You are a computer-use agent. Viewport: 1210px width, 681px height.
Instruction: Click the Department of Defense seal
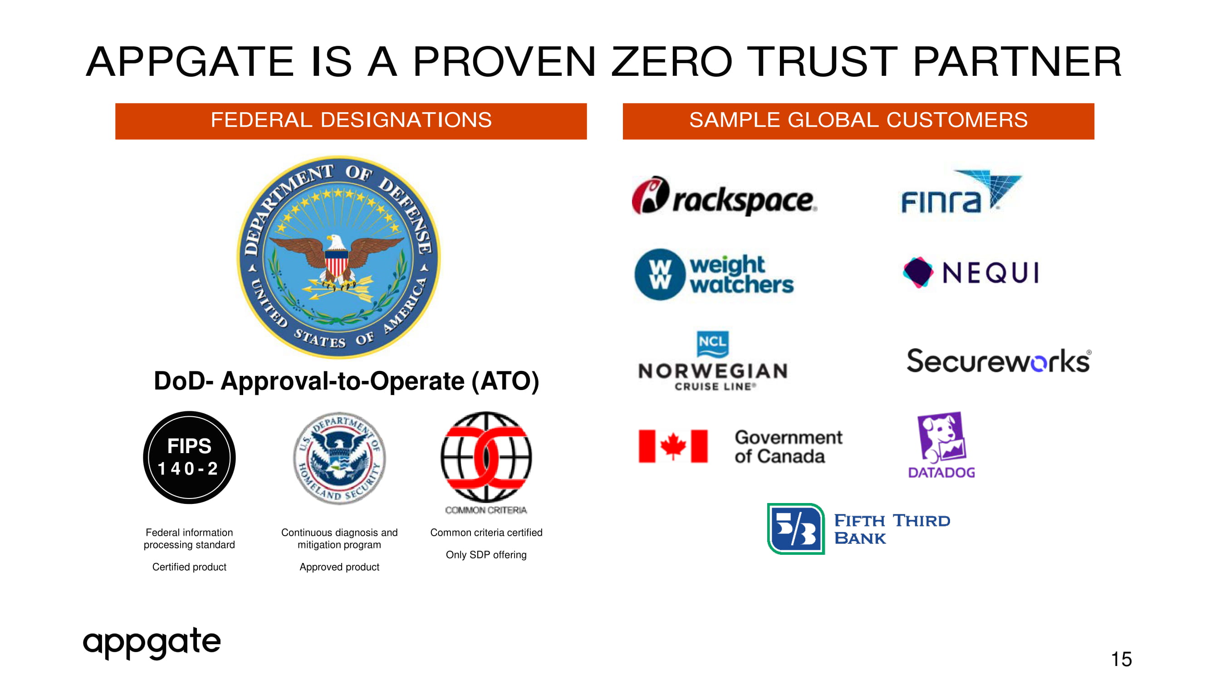coord(338,257)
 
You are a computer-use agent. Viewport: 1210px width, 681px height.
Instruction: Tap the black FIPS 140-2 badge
coord(189,457)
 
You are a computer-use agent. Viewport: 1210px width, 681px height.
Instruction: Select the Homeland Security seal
coord(339,458)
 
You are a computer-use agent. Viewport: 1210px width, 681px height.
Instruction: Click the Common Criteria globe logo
coord(486,457)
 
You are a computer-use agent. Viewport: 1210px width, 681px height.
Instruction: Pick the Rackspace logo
coord(724,196)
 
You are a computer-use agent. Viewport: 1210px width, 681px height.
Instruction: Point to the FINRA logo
coord(961,192)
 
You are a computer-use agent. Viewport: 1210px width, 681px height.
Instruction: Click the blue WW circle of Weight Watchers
coord(660,274)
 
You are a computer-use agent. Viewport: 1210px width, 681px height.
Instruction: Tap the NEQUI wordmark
coord(991,272)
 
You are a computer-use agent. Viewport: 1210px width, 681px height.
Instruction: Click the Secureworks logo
coord(999,361)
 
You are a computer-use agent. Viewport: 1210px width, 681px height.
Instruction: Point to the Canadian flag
coord(673,446)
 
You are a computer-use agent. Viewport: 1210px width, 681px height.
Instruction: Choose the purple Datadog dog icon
coord(941,438)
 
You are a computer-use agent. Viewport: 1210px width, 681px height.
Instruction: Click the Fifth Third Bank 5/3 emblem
coord(796,529)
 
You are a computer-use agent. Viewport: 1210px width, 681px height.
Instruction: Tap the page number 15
coord(1121,659)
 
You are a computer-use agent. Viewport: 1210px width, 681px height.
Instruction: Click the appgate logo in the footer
coord(152,643)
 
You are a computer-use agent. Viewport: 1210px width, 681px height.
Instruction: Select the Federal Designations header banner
coord(351,121)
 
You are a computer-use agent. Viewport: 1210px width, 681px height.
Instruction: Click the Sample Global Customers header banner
coord(859,121)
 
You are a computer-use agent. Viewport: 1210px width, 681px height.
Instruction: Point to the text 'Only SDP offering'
coord(486,555)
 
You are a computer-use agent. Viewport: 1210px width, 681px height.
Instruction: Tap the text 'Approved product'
coord(339,567)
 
